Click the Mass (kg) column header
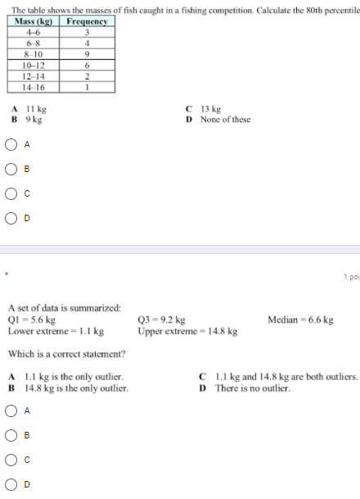click(35, 21)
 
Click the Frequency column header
click(88, 21)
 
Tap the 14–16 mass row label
click(35, 87)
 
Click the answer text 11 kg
click(35, 108)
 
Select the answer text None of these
click(225, 119)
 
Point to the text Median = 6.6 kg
click(300, 320)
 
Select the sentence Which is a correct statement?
click(66, 354)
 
